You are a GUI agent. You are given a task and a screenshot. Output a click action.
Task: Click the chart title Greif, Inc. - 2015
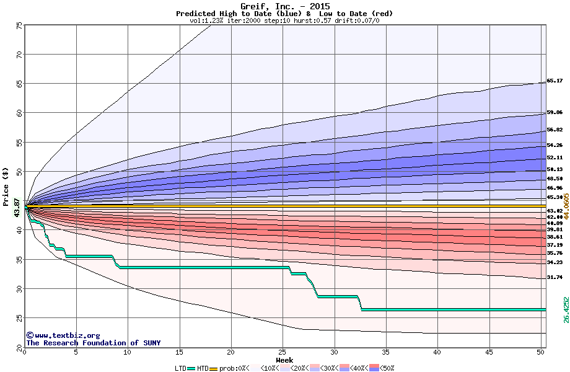285,7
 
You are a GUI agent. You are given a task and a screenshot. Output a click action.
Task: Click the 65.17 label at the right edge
555,81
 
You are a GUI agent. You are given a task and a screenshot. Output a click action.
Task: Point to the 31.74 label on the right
555,277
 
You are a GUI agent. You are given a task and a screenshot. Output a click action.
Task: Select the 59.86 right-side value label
555,112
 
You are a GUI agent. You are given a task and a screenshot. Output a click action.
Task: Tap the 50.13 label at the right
555,169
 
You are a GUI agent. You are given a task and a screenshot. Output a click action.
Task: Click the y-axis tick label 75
19,26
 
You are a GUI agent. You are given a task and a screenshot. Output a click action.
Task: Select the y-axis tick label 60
19,113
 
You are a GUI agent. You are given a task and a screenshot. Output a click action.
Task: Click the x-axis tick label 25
283,353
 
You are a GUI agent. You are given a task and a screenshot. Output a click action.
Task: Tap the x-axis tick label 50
540,353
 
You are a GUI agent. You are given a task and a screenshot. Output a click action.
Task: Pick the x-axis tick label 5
76,353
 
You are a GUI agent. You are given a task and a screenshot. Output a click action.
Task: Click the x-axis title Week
284,360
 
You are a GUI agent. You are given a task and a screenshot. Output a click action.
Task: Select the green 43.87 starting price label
17,206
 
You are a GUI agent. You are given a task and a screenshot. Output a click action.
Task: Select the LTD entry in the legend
180,368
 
